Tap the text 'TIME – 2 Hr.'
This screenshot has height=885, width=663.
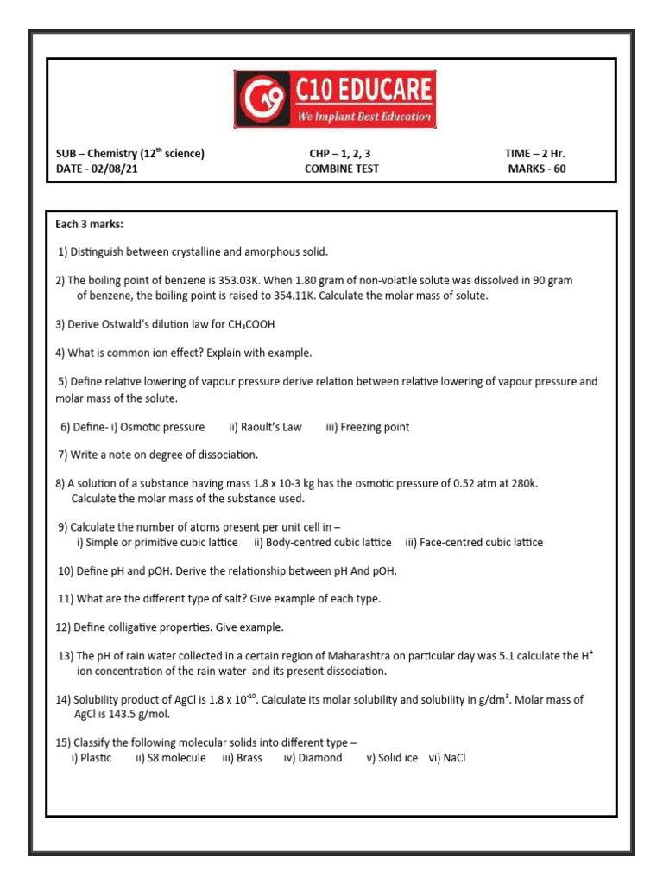tap(535, 154)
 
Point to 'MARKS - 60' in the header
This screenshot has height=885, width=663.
tap(537, 169)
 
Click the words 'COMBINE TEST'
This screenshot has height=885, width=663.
tap(341, 169)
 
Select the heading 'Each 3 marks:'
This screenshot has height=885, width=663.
tap(90, 225)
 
